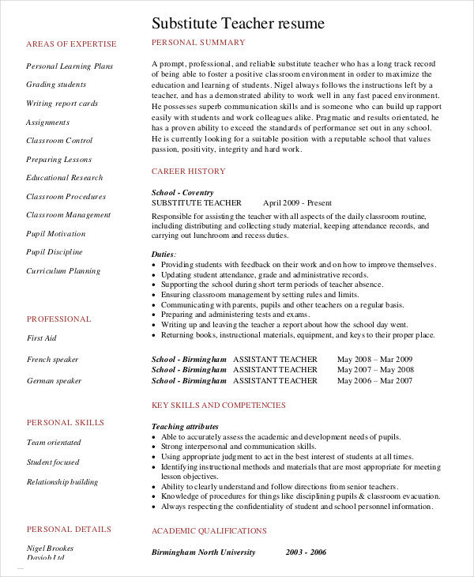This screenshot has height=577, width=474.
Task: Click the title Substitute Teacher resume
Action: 238,24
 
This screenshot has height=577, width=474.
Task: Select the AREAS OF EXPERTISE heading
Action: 71,44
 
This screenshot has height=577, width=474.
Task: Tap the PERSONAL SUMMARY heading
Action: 198,43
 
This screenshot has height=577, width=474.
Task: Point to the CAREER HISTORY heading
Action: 188,172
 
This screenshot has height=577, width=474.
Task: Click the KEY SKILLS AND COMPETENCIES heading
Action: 219,405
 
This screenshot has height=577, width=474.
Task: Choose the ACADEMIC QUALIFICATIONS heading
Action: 209,531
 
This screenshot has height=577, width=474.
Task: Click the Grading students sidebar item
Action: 56,85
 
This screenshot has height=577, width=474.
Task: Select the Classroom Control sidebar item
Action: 59,141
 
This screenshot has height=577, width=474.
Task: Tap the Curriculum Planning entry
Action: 63,271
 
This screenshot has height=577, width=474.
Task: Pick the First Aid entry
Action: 41,338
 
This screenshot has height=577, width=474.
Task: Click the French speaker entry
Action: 52,360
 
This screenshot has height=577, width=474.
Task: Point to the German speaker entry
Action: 54,381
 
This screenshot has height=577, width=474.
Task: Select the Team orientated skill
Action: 53,443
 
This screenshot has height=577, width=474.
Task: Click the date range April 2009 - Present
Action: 298,203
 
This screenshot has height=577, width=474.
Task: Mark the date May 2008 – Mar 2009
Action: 374,359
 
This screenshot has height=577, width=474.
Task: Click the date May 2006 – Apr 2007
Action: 374,381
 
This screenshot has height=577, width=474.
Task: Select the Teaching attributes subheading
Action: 185,427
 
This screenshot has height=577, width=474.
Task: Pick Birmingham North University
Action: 204,552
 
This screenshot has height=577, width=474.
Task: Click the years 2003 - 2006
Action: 307,552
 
